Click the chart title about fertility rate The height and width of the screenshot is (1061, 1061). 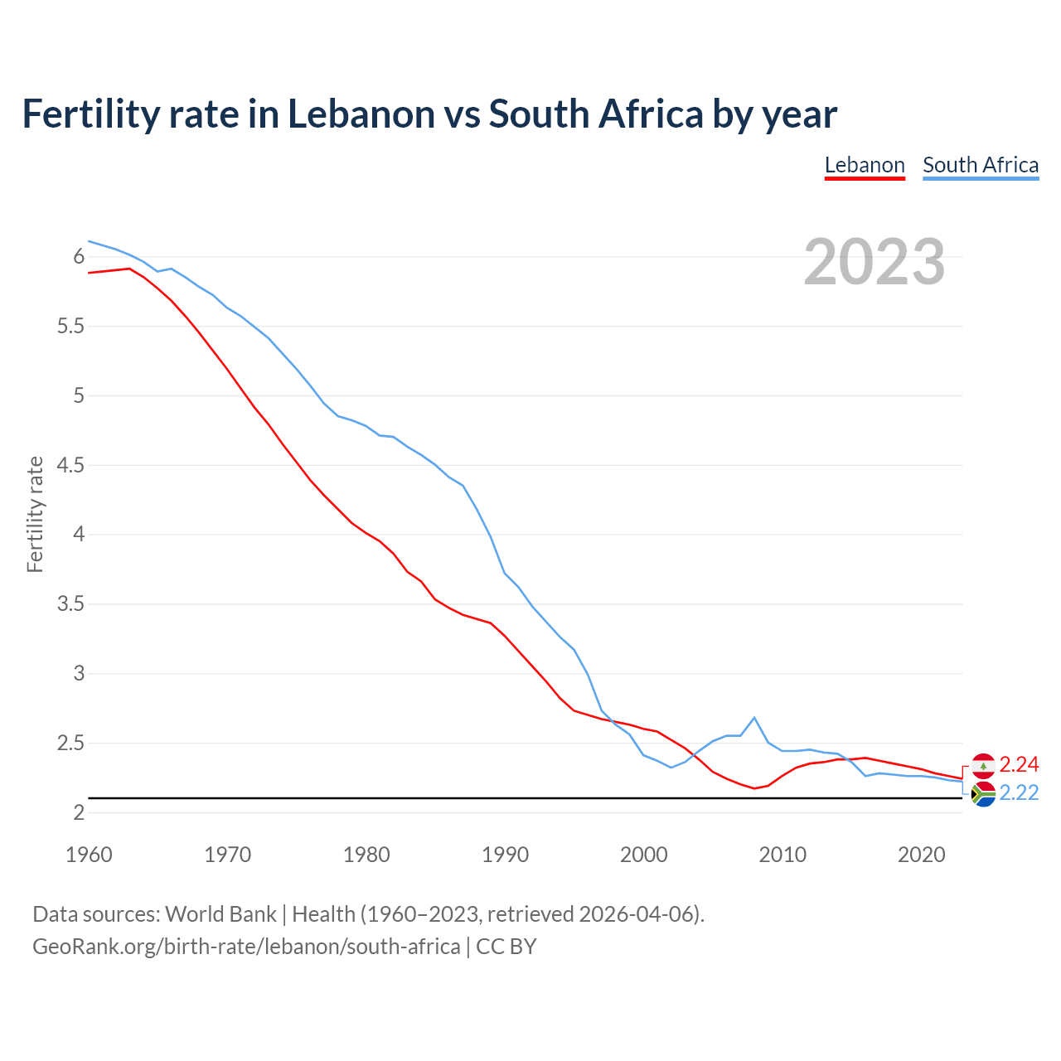click(429, 114)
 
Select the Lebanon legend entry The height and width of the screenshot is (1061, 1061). click(865, 165)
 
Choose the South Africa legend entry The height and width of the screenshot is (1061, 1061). click(981, 165)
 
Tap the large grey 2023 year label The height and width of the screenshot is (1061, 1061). click(874, 262)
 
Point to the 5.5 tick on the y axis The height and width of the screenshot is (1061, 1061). click(71, 327)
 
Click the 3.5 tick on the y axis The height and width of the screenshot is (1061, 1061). click(71, 604)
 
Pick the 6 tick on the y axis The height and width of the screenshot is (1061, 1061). click(80, 257)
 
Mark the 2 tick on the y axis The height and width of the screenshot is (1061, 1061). click(80, 812)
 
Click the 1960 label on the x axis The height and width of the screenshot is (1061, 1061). click(89, 855)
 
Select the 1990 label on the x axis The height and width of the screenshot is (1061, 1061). click(505, 855)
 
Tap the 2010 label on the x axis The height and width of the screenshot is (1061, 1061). click(782, 855)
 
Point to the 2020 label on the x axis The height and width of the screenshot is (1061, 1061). click(921, 855)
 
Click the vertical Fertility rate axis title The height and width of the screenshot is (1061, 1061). click(35, 514)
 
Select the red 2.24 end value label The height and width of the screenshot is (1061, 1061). click(1019, 764)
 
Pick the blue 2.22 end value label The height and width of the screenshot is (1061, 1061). click(1019, 793)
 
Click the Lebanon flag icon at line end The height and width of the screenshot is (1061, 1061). click(983, 765)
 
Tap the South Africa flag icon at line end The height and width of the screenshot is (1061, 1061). click(983, 794)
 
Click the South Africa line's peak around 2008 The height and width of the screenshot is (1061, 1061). click(754, 718)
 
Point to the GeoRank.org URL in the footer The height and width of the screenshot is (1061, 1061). click(246, 947)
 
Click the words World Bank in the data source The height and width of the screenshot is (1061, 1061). click(220, 914)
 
